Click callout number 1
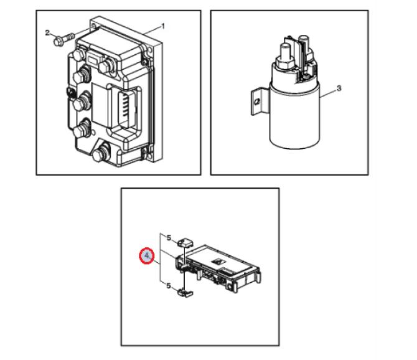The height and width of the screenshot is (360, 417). pos(163,26)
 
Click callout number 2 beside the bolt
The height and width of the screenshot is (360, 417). pos(47,33)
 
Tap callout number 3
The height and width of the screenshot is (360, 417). pos(339,88)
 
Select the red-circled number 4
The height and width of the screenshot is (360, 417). pos(147,256)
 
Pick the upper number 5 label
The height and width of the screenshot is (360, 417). pos(169,237)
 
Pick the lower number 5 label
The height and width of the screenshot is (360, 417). pos(169,286)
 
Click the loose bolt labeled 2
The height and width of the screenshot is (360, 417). pos(64,39)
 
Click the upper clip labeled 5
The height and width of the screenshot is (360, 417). pos(185,242)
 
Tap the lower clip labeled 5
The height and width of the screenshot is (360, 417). pos(185,293)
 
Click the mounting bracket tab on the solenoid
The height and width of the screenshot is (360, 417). pos(257,102)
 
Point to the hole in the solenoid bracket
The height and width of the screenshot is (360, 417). pos(256,102)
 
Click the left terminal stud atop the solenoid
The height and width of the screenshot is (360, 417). pos(285,53)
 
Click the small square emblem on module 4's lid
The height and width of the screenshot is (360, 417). pos(217,262)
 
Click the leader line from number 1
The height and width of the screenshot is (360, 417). pos(152,30)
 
